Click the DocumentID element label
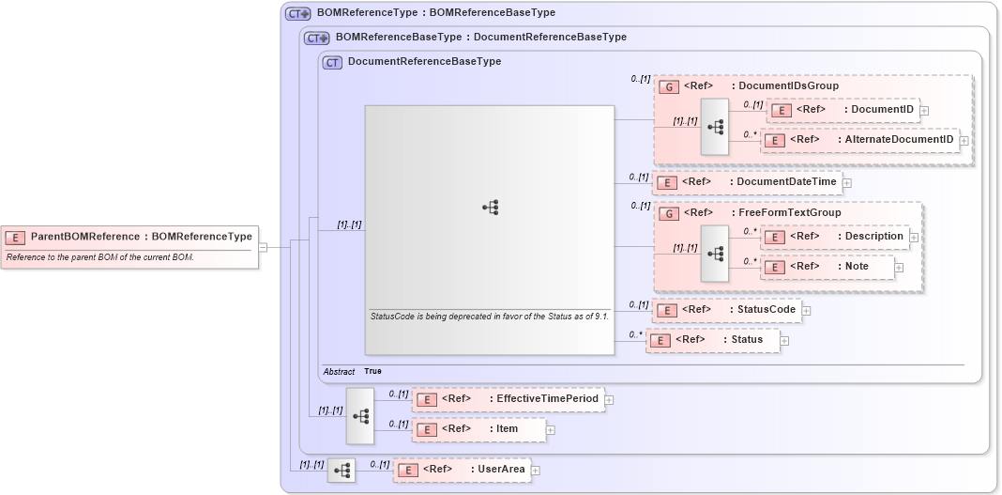[x=882, y=110]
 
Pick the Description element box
[x=834, y=237]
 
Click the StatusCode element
[x=726, y=310]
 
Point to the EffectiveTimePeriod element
[x=507, y=399]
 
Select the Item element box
[x=478, y=429]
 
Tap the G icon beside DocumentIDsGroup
[x=669, y=86]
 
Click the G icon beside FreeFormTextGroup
[x=669, y=213]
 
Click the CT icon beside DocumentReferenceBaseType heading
[x=331, y=62]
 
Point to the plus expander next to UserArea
[x=536, y=470]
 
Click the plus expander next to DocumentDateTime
[x=846, y=182]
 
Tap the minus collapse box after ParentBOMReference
[x=263, y=247]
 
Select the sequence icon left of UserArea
[x=342, y=470]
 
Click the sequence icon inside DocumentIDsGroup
[x=715, y=126]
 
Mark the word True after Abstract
[x=373, y=372]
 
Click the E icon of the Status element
[x=660, y=340]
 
